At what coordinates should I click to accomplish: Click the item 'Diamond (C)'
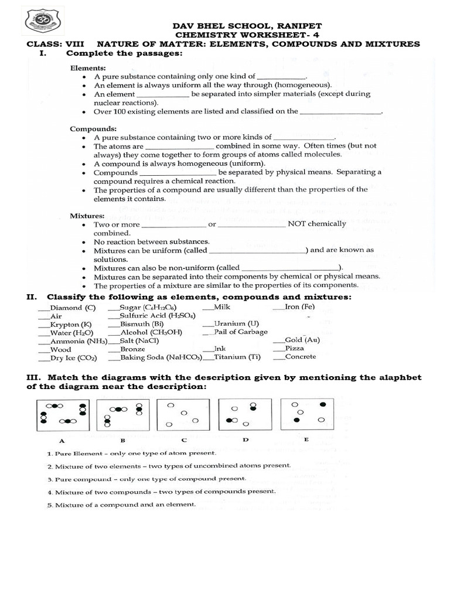point(73,308)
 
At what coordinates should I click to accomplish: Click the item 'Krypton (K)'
point(71,324)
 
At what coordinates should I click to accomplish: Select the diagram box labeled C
point(183,414)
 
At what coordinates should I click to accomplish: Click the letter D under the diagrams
point(246,439)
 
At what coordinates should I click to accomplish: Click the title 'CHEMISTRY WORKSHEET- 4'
point(247,35)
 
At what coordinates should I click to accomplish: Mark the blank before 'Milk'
point(207,307)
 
